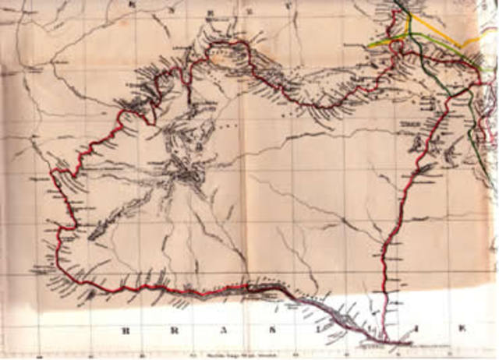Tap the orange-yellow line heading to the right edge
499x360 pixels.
(452, 31)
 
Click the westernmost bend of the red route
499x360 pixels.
(51, 172)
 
